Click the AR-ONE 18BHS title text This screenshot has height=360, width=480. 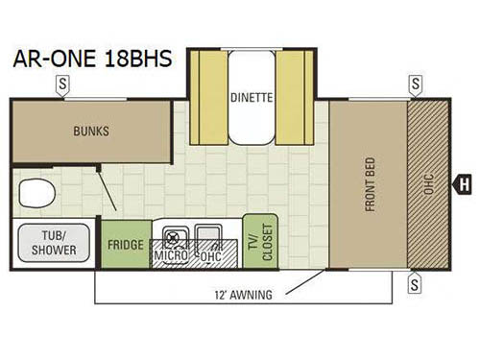point(92,59)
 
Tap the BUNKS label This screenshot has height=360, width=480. point(92,132)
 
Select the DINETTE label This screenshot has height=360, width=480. point(252,97)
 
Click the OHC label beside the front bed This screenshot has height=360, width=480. point(427,182)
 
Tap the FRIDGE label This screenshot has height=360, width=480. point(125,244)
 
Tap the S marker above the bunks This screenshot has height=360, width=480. point(62,84)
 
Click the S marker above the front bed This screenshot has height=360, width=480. point(415,84)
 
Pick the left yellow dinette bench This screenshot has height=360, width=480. point(204,96)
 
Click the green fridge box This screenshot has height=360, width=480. point(125,245)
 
